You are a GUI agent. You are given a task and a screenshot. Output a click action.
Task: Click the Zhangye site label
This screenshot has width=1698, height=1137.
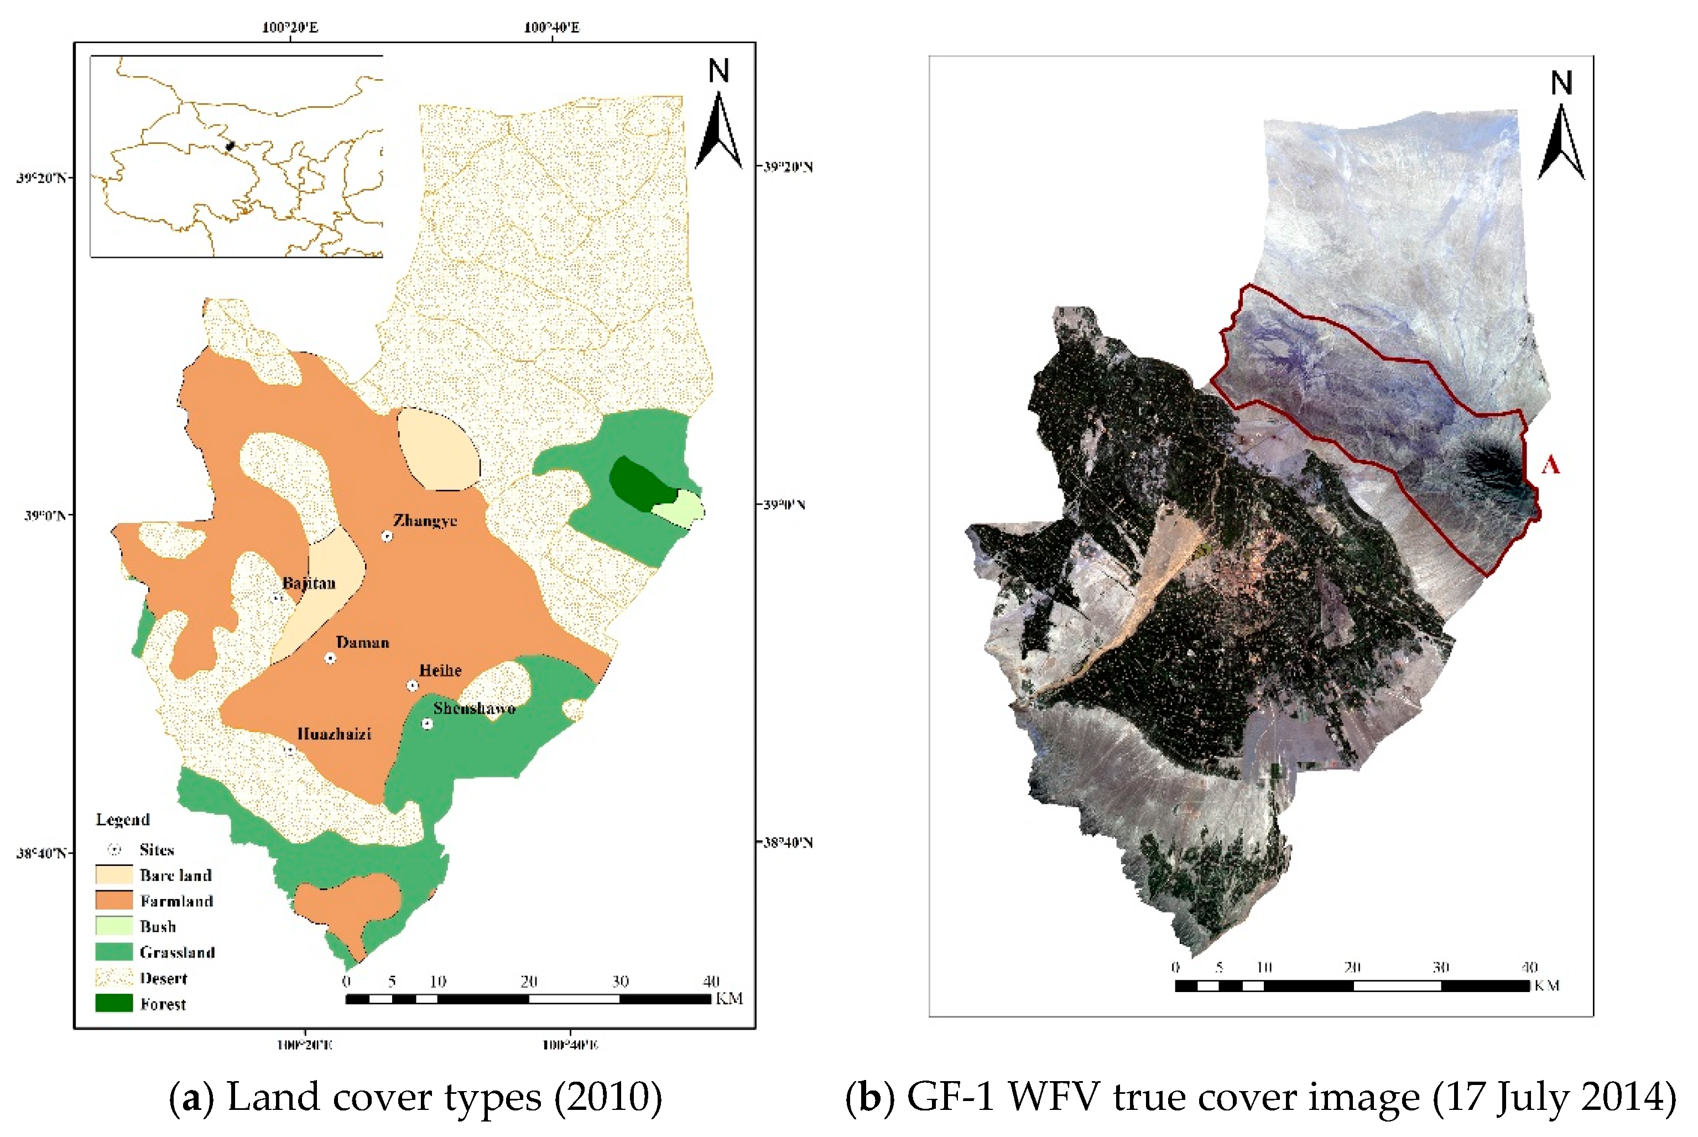click(x=425, y=520)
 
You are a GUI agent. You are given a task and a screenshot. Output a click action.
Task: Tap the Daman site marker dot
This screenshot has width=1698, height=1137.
click(x=330, y=658)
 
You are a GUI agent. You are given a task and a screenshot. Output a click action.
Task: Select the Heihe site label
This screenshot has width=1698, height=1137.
click(x=440, y=670)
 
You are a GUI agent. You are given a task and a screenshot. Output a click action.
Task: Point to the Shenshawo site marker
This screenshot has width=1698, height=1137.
click(x=427, y=724)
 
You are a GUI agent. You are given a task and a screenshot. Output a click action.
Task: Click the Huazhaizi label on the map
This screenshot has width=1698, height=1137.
click(x=334, y=734)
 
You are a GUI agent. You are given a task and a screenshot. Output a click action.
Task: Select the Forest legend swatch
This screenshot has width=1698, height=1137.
click(x=114, y=1004)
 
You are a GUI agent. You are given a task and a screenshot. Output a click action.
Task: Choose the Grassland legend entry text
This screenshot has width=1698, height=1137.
click(x=177, y=952)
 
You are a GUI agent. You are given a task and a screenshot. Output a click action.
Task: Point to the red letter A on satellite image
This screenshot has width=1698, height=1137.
click(x=1550, y=464)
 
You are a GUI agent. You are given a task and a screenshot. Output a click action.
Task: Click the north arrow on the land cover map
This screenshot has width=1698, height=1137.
click(x=718, y=116)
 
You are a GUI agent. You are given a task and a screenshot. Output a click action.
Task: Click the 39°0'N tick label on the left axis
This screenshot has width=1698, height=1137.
click(x=45, y=516)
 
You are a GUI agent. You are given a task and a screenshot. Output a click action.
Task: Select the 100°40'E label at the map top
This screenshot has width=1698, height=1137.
click(x=551, y=28)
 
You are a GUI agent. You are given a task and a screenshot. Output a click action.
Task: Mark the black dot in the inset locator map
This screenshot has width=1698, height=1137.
click(x=231, y=146)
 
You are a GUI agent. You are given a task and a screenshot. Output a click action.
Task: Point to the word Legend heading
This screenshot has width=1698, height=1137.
click(x=122, y=819)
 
